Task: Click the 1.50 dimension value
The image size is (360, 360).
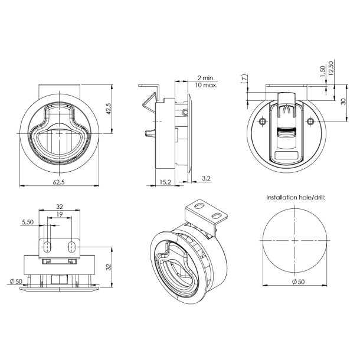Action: point(323,70)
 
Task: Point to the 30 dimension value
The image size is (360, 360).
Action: point(343,101)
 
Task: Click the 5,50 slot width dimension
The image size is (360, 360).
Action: point(27,222)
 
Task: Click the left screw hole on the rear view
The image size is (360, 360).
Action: point(262,121)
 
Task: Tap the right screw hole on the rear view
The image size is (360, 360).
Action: point(311,121)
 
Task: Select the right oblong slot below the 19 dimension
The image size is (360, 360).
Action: point(71,245)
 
